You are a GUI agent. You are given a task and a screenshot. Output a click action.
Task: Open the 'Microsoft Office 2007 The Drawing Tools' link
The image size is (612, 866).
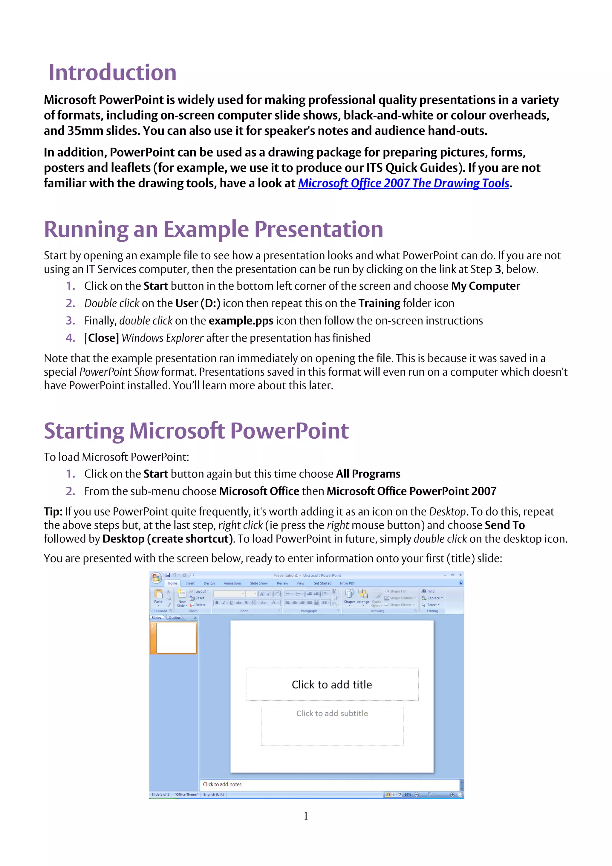[403, 183]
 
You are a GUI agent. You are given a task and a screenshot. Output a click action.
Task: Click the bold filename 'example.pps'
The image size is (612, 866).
[241, 321]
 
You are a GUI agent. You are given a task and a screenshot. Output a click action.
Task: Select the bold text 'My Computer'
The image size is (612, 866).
[485, 286]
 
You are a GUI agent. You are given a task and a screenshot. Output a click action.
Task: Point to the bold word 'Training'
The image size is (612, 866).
[379, 303]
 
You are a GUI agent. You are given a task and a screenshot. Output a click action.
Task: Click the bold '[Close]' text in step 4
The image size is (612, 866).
[101, 338]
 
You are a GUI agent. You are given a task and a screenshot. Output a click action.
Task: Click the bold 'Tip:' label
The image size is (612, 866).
[53, 512]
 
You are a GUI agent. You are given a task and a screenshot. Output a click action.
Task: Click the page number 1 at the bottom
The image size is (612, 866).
[306, 816]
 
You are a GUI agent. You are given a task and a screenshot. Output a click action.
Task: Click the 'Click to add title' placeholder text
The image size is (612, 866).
[332, 685]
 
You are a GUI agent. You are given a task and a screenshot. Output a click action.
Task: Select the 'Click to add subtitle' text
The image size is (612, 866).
[332, 713]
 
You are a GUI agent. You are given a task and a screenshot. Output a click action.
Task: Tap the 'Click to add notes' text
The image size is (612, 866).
[222, 784]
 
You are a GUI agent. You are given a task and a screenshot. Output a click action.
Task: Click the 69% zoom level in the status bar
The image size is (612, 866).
[408, 794]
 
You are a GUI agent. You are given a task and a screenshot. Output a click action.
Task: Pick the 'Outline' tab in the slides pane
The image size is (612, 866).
[174, 618]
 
